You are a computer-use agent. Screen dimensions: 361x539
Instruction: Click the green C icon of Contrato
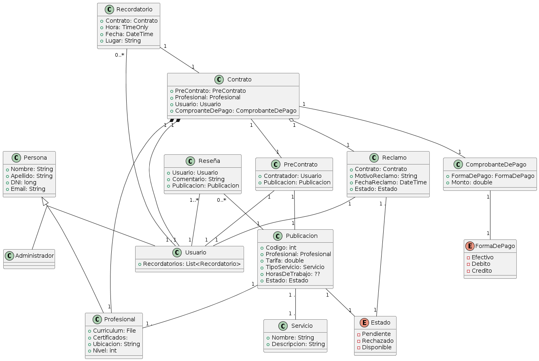(219, 79)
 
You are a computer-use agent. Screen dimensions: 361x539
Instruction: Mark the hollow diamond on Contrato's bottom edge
(291, 121)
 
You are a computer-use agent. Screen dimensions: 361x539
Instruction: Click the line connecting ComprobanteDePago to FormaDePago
(490, 215)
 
